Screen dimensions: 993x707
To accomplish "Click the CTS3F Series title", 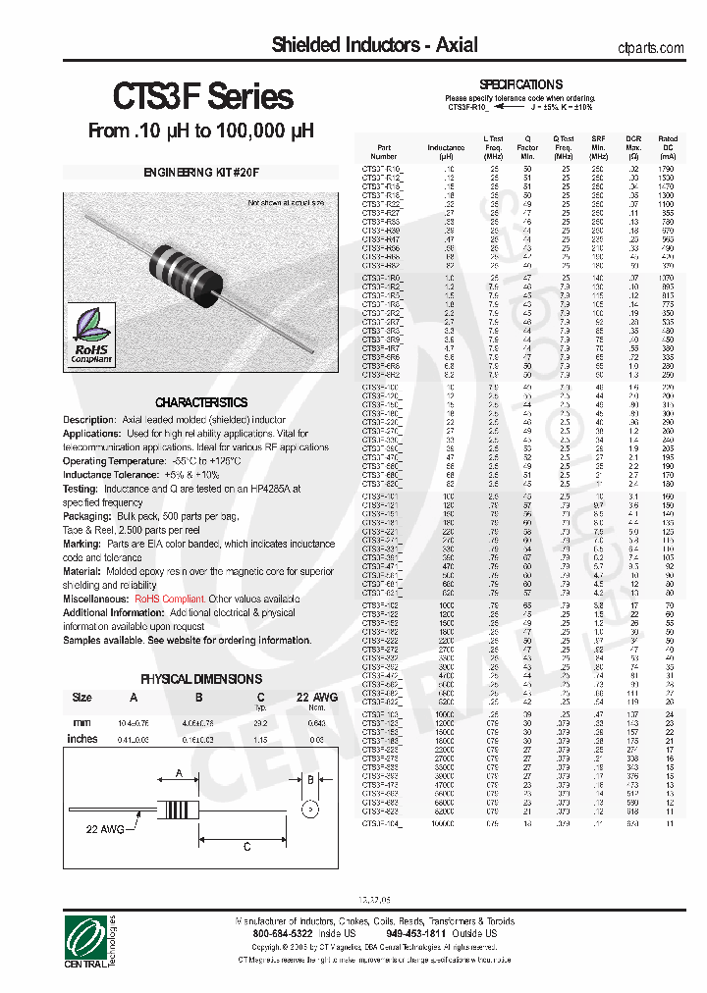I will click(203, 96).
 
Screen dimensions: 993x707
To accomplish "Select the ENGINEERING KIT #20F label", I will click(202, 172).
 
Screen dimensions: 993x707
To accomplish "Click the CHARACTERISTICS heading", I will click(201, 402).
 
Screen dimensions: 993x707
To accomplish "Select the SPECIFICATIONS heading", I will click(520, 84).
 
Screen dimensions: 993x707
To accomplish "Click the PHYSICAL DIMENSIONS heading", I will click(201, 678).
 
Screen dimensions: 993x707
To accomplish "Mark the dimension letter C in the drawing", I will click(245, 846).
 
